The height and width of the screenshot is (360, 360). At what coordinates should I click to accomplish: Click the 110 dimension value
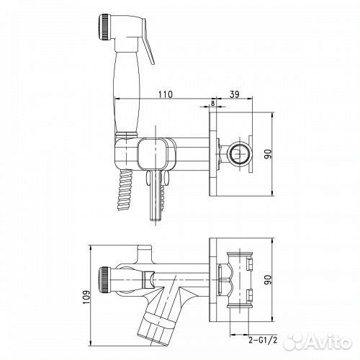click(166, 94)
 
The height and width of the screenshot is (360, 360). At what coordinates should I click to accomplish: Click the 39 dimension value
click(235, 94)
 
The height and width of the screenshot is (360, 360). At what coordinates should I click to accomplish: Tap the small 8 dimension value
click(212, 103)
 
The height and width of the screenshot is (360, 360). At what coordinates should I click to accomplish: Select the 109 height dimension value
click(86, 297)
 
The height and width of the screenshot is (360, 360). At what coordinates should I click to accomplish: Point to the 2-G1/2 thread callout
click(263, 340)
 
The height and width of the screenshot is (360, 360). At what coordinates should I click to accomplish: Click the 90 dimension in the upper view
click(268, 154)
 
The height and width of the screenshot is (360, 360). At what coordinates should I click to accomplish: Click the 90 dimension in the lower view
click(268, 279)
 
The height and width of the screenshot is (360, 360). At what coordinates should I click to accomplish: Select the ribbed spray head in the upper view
click(104, 27)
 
